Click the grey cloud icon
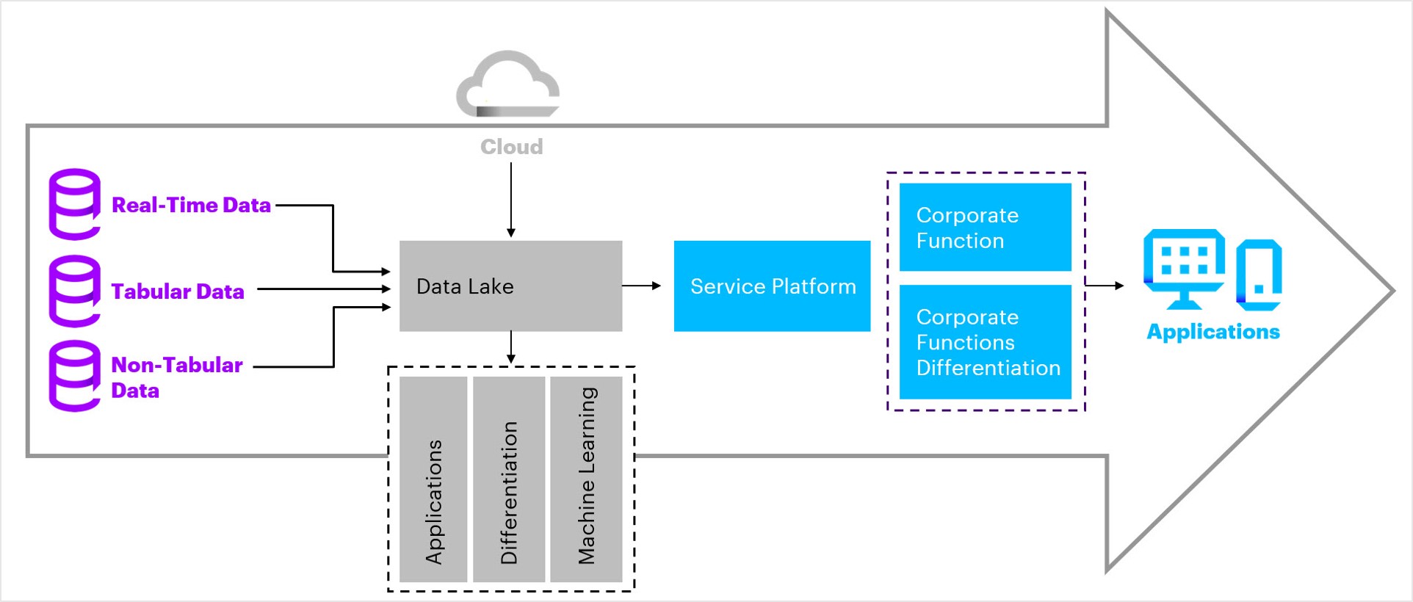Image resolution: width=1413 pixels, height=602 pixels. pos(508,84)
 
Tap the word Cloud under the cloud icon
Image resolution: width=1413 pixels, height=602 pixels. pos(511,147)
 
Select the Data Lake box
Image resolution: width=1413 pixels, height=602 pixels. pos(510,286)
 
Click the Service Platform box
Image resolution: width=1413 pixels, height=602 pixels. pos(772,286)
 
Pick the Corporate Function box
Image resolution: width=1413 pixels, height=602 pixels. pos(985,227)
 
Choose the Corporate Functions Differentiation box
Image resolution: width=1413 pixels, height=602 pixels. pos(985,342)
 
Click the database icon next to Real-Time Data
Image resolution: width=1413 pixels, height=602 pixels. pos(74,204)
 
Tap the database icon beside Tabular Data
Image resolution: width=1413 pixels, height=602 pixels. pos(74,291)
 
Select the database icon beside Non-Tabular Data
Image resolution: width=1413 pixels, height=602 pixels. pos(74,376)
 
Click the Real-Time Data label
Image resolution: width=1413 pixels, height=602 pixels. pos(191,205)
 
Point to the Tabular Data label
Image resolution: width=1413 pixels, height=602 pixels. pos(178,291)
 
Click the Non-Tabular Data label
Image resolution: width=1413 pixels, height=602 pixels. pos(176,377)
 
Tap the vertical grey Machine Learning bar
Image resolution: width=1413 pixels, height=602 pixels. pos(586,479)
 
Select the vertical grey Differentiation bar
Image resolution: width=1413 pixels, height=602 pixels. pos(509,479)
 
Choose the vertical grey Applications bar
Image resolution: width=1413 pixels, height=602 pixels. pos(433,479)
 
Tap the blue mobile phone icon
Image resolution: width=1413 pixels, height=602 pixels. pos(1259,275)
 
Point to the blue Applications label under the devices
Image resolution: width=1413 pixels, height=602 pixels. pos(1213,332)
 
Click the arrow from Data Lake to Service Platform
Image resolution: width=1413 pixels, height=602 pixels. pos(641,286)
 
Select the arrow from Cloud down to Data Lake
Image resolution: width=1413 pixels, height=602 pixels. pos(511,200)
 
